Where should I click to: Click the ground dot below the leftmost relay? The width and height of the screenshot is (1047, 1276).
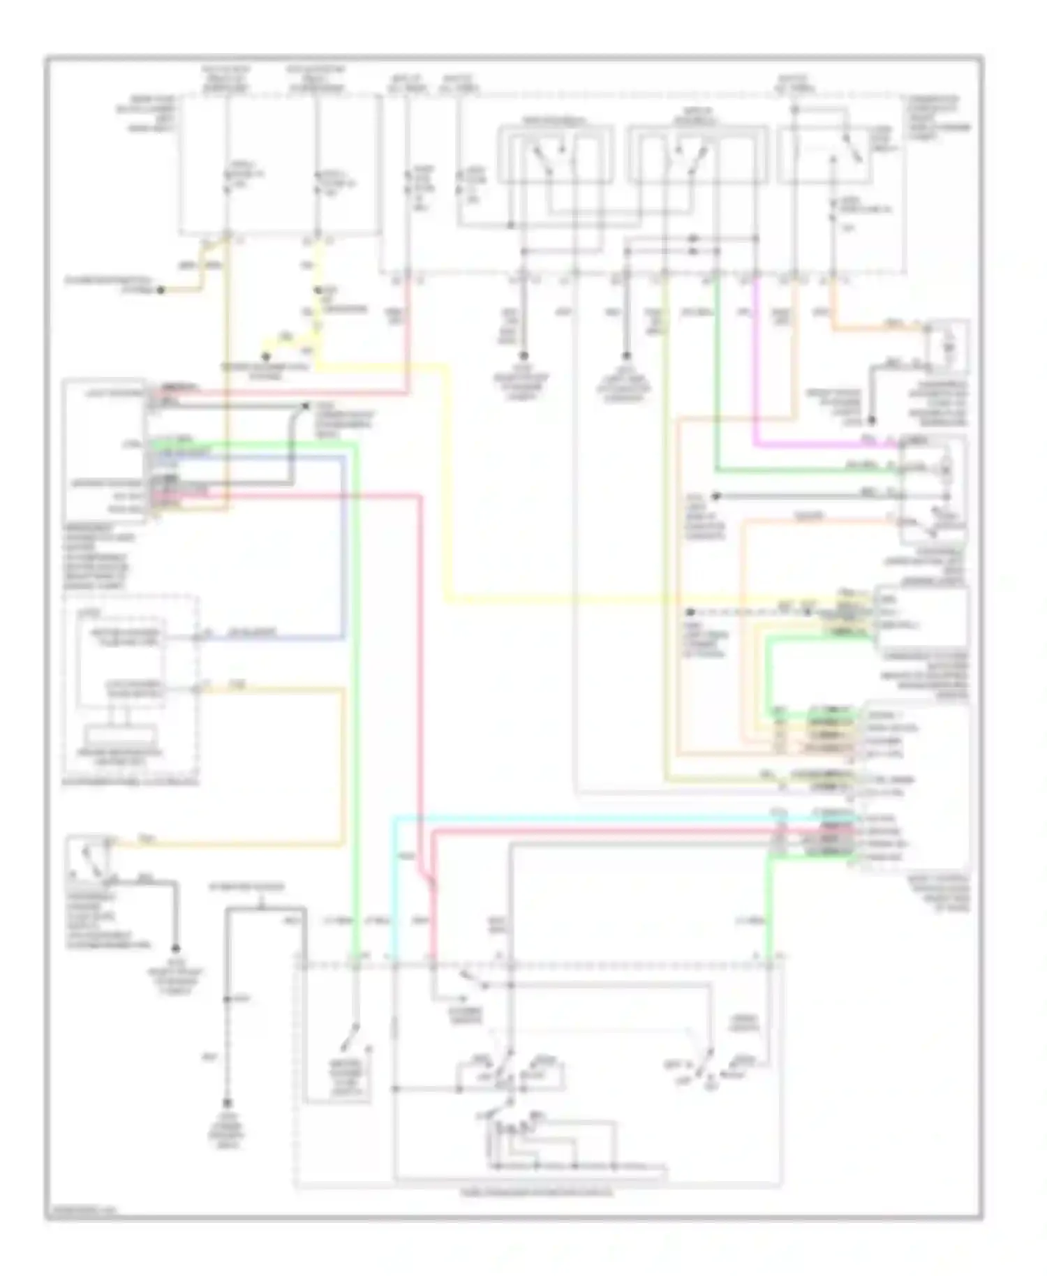[523, 356]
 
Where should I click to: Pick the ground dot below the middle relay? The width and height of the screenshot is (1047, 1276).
[626, 356]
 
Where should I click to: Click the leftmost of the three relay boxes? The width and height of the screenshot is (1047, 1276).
[556, 154]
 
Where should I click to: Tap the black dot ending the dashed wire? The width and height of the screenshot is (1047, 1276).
[689, 611]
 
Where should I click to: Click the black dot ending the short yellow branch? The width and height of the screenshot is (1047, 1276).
[265, 357]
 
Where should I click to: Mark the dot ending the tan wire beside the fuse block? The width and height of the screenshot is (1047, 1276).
[160, 290]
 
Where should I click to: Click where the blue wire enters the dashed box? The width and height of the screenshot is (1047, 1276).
[198, 637]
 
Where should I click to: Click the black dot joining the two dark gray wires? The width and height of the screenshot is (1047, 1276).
[305, 406]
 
